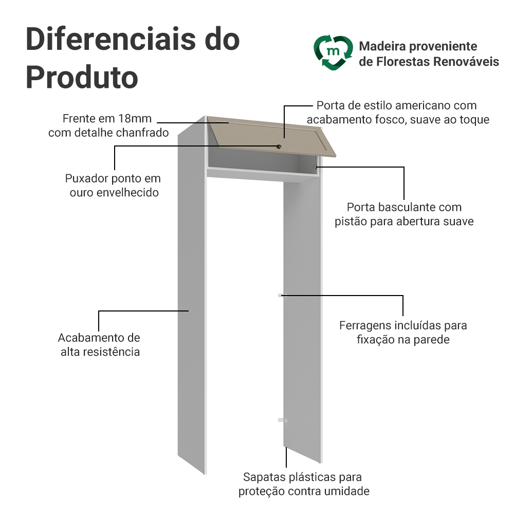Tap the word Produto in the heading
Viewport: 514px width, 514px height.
[x=82, y=77]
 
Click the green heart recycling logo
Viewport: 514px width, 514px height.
[x=333, y=52]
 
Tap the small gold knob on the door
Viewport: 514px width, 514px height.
[x=279, y=146]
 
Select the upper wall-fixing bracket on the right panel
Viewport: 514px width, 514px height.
[x=281, y=295]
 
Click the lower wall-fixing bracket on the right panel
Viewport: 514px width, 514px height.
[x=281, y=420]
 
